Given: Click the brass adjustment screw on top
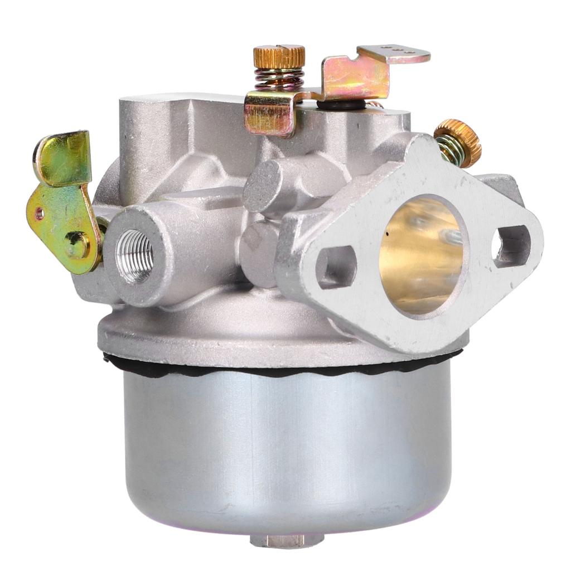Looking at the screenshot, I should tap(279, 56).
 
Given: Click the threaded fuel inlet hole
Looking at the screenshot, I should tap(134, 256).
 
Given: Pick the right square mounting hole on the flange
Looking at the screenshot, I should tap(511, 245).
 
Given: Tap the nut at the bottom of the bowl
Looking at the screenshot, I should tap(286, 540).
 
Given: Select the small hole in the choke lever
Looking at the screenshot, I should tap(38, 212).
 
